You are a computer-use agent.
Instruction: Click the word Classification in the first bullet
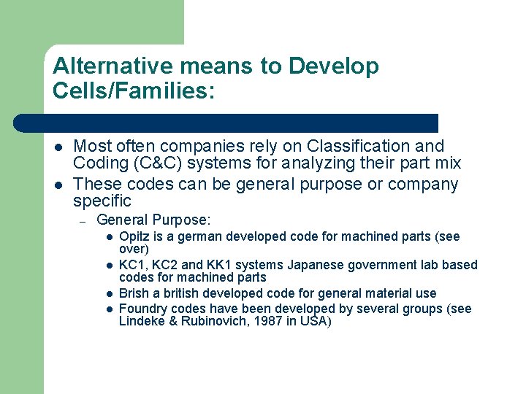point(348,147)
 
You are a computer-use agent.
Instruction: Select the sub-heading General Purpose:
point(153,220)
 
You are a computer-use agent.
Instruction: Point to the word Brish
point(134,293)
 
